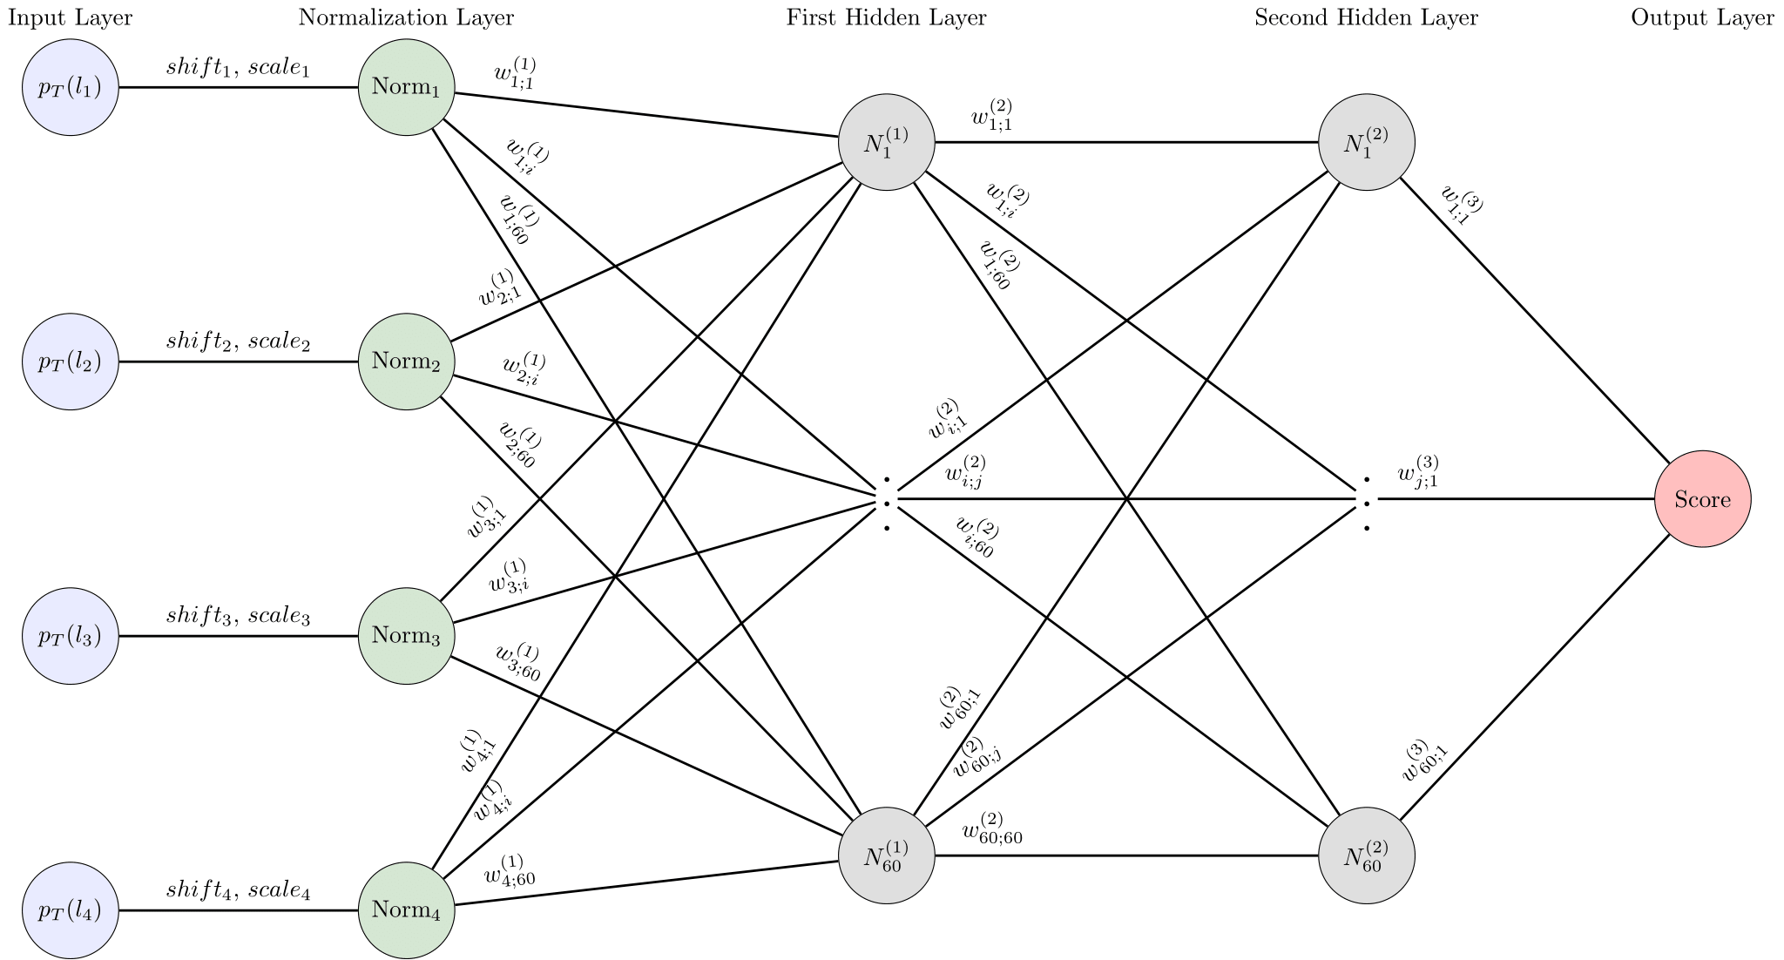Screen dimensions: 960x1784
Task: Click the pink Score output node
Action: coord(1702,499)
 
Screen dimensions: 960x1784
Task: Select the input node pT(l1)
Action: coord(70,87)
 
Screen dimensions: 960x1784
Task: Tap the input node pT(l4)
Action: coord(70,910)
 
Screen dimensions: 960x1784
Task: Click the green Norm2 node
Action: coord(406,361)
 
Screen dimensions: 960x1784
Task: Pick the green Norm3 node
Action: coord(406,636)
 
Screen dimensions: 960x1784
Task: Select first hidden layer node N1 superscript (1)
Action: coord(886,142)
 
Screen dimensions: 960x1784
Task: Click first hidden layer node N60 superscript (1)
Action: coord(886,855)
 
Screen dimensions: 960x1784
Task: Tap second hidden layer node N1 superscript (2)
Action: coord(1366,142)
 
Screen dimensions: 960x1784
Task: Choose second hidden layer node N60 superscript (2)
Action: coord(1366,855)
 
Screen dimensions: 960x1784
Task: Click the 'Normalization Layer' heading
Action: coord(406,18)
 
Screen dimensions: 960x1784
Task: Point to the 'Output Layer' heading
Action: coord(1702,18)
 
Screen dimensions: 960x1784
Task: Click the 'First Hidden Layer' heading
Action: coord(886,18)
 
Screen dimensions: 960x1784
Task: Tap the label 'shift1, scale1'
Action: coord(238,68)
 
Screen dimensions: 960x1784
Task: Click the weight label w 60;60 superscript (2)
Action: coord(992,829)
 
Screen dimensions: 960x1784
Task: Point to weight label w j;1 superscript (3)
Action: coord(1418,471)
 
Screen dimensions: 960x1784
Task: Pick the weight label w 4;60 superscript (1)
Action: coord(510,870)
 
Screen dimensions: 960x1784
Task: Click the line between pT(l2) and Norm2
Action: coord(238,362)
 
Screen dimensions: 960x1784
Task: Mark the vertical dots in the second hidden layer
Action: coord(1367,504)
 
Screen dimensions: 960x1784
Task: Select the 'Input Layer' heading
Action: coord(70,18)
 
